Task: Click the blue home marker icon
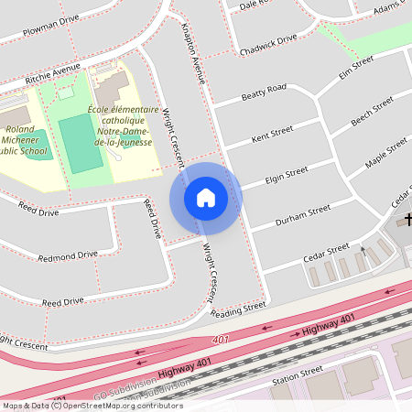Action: (206, 198)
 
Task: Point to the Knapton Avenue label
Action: (192, 54)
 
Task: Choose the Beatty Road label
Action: (264, 92)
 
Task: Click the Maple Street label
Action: (385, 152)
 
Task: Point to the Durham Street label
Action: (303, 216)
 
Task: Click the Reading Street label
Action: (235, 309)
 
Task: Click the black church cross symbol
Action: (403, 221)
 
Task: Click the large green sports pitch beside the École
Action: (81, 143)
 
